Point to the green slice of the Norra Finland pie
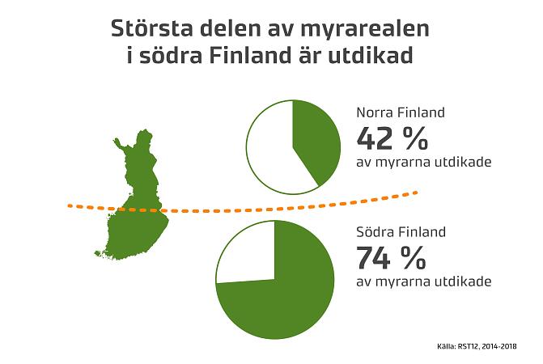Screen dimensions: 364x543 click(x=320, y=142)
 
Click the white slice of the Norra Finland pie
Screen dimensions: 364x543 click(x=271, y=150)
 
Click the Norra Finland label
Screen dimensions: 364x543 click(x=401, y=114)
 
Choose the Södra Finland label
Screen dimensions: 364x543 click(x=401, y=233)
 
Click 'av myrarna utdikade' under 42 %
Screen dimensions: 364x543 click(x=424, y=162)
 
